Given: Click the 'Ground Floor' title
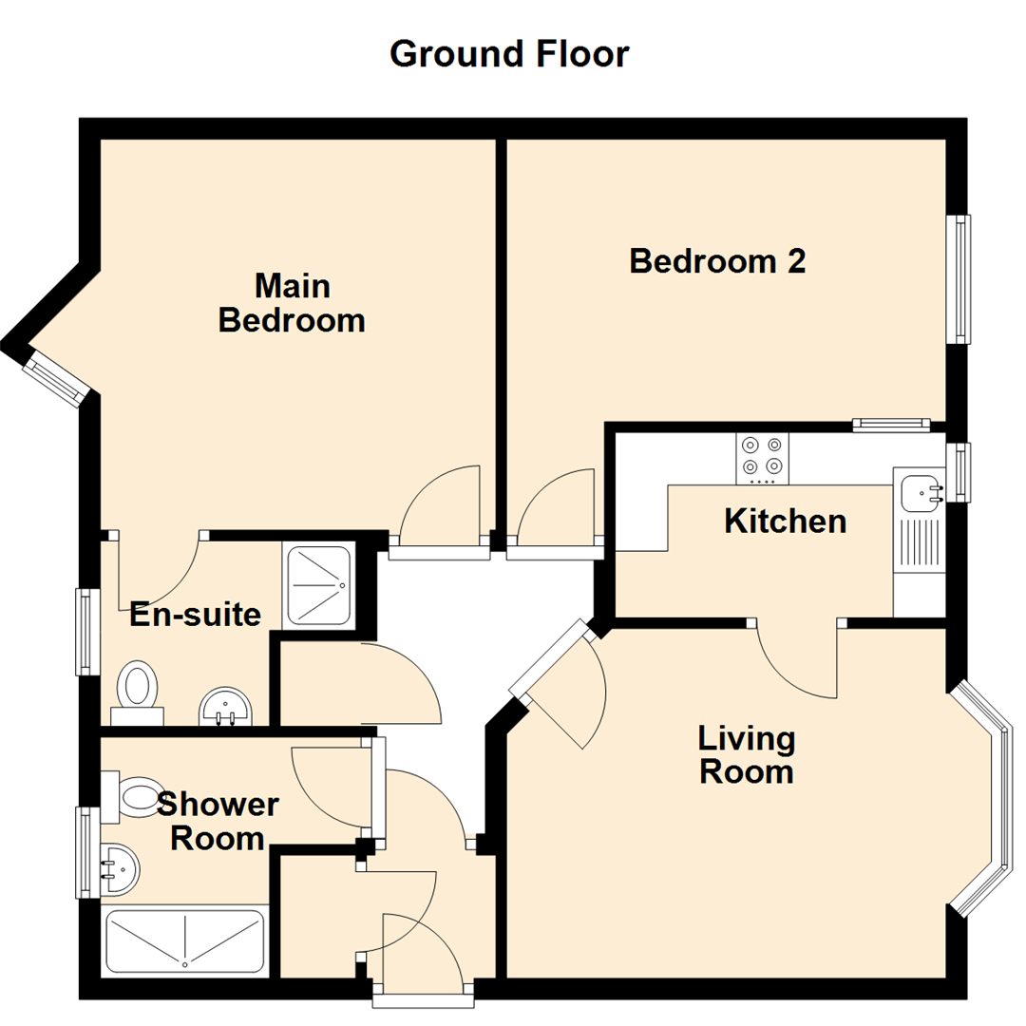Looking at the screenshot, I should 509,54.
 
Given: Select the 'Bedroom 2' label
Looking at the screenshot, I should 717,260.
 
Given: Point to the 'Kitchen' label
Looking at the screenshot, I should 785,521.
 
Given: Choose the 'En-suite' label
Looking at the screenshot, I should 195,615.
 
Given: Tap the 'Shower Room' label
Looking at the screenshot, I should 218,822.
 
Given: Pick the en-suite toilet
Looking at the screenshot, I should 138,690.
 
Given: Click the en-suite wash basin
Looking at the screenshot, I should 225,707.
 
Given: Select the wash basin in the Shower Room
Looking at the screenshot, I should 118,867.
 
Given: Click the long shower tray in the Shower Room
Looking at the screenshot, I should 184,940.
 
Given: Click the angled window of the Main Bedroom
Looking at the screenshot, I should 57,378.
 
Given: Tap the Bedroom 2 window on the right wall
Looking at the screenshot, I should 962,278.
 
